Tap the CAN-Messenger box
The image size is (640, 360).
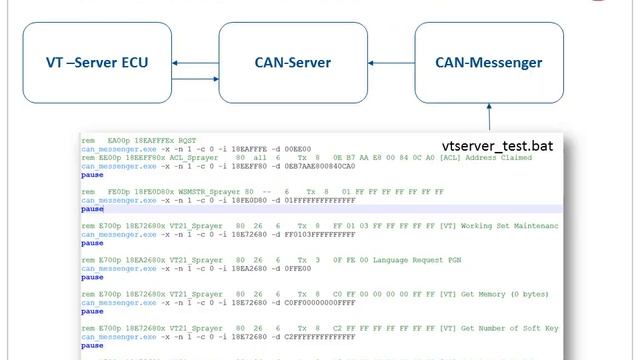pyautogui.click(x=488, y=64)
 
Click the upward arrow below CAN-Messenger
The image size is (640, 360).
pyautogui.click(x=490, y=118)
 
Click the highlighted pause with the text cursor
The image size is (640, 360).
pyautogui.click(x=92, y=209)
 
